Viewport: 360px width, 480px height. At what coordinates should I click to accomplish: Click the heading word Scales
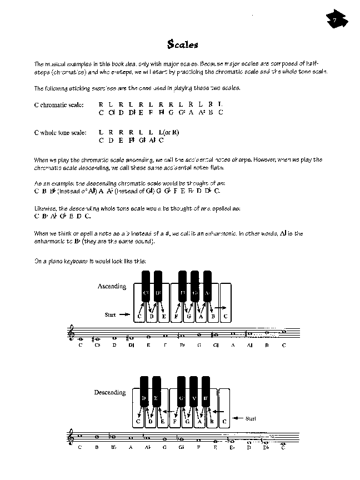pos(182,44)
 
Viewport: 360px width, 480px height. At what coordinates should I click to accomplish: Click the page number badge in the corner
pos(335,22)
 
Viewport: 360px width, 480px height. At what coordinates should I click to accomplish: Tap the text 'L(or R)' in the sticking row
pos(168,132)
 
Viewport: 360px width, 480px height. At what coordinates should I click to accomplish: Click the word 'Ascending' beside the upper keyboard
pos(112,287)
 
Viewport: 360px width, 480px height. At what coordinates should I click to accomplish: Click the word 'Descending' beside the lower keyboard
pos(110,393)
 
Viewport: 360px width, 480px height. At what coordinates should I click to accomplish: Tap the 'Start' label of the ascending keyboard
pos(110,315)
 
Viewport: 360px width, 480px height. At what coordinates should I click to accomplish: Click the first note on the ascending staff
pos(81,338)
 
